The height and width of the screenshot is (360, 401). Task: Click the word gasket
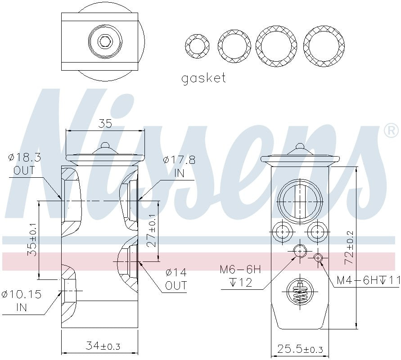[x=203, y=79]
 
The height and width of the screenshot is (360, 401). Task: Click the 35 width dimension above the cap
[x=105, y=124]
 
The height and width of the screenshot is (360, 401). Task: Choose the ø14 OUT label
[x=176, y=279]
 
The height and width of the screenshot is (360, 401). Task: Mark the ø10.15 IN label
[x=21, y=301]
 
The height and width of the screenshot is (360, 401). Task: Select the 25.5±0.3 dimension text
[x=300, y=349]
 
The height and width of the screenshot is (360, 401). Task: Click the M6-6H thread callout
[x=240, y=276]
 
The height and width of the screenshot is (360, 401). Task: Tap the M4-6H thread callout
[x=368, y=281]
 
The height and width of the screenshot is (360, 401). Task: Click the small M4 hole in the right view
[x=318, y=257]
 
